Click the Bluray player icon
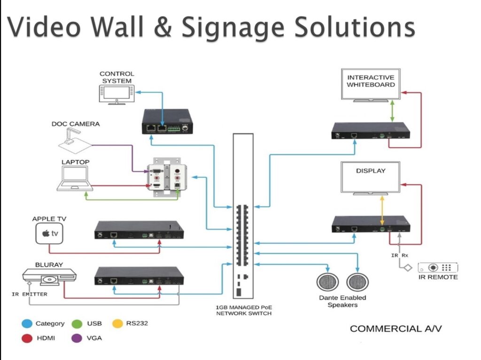click(x=43, y=277)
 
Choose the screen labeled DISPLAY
click(x=371, y=177)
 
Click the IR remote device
click(x=437, y=268)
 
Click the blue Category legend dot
click(x=27, y=323)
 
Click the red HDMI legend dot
click(x=27, y=337)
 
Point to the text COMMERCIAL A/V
click(x=396, y=329)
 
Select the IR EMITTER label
click(x=30, y=295)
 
